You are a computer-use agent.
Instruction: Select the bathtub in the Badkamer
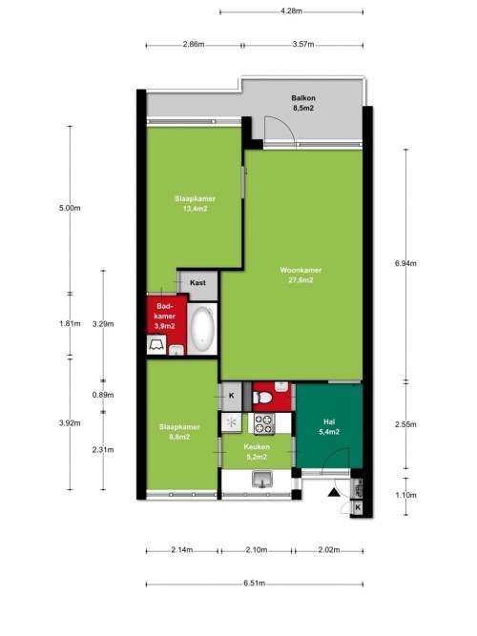point(202,329)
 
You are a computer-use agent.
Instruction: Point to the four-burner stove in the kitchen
point(264,424)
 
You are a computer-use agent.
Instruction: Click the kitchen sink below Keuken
point(262,479)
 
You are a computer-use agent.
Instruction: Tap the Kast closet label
point(197,282)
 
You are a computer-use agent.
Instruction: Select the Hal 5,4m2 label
point(329,427)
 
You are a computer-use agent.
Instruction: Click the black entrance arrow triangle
point(333,492)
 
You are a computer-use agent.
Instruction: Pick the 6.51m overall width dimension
point(255,584)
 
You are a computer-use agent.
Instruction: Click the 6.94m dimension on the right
point(405,263)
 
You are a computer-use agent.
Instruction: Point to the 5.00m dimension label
point(70,208)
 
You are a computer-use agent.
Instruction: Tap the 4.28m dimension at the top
point(291,11)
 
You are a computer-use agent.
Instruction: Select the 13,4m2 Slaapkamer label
point(196,204)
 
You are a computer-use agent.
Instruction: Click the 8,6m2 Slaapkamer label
point(179,432)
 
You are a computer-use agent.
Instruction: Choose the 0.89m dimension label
point(103,395)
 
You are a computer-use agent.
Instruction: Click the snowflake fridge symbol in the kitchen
point(232,422)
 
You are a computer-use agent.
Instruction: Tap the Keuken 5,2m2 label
point(257,452)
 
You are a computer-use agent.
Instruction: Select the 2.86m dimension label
point(194,45)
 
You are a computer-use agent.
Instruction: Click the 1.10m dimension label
point(406,495)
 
